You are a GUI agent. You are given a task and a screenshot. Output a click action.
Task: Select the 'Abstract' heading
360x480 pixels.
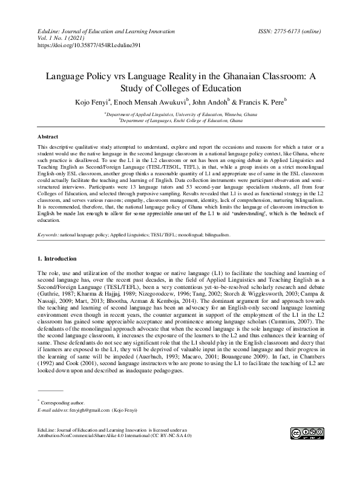(x=48, y=137)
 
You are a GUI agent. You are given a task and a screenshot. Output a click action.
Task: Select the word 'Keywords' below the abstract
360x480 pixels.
(x=48, y=234)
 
